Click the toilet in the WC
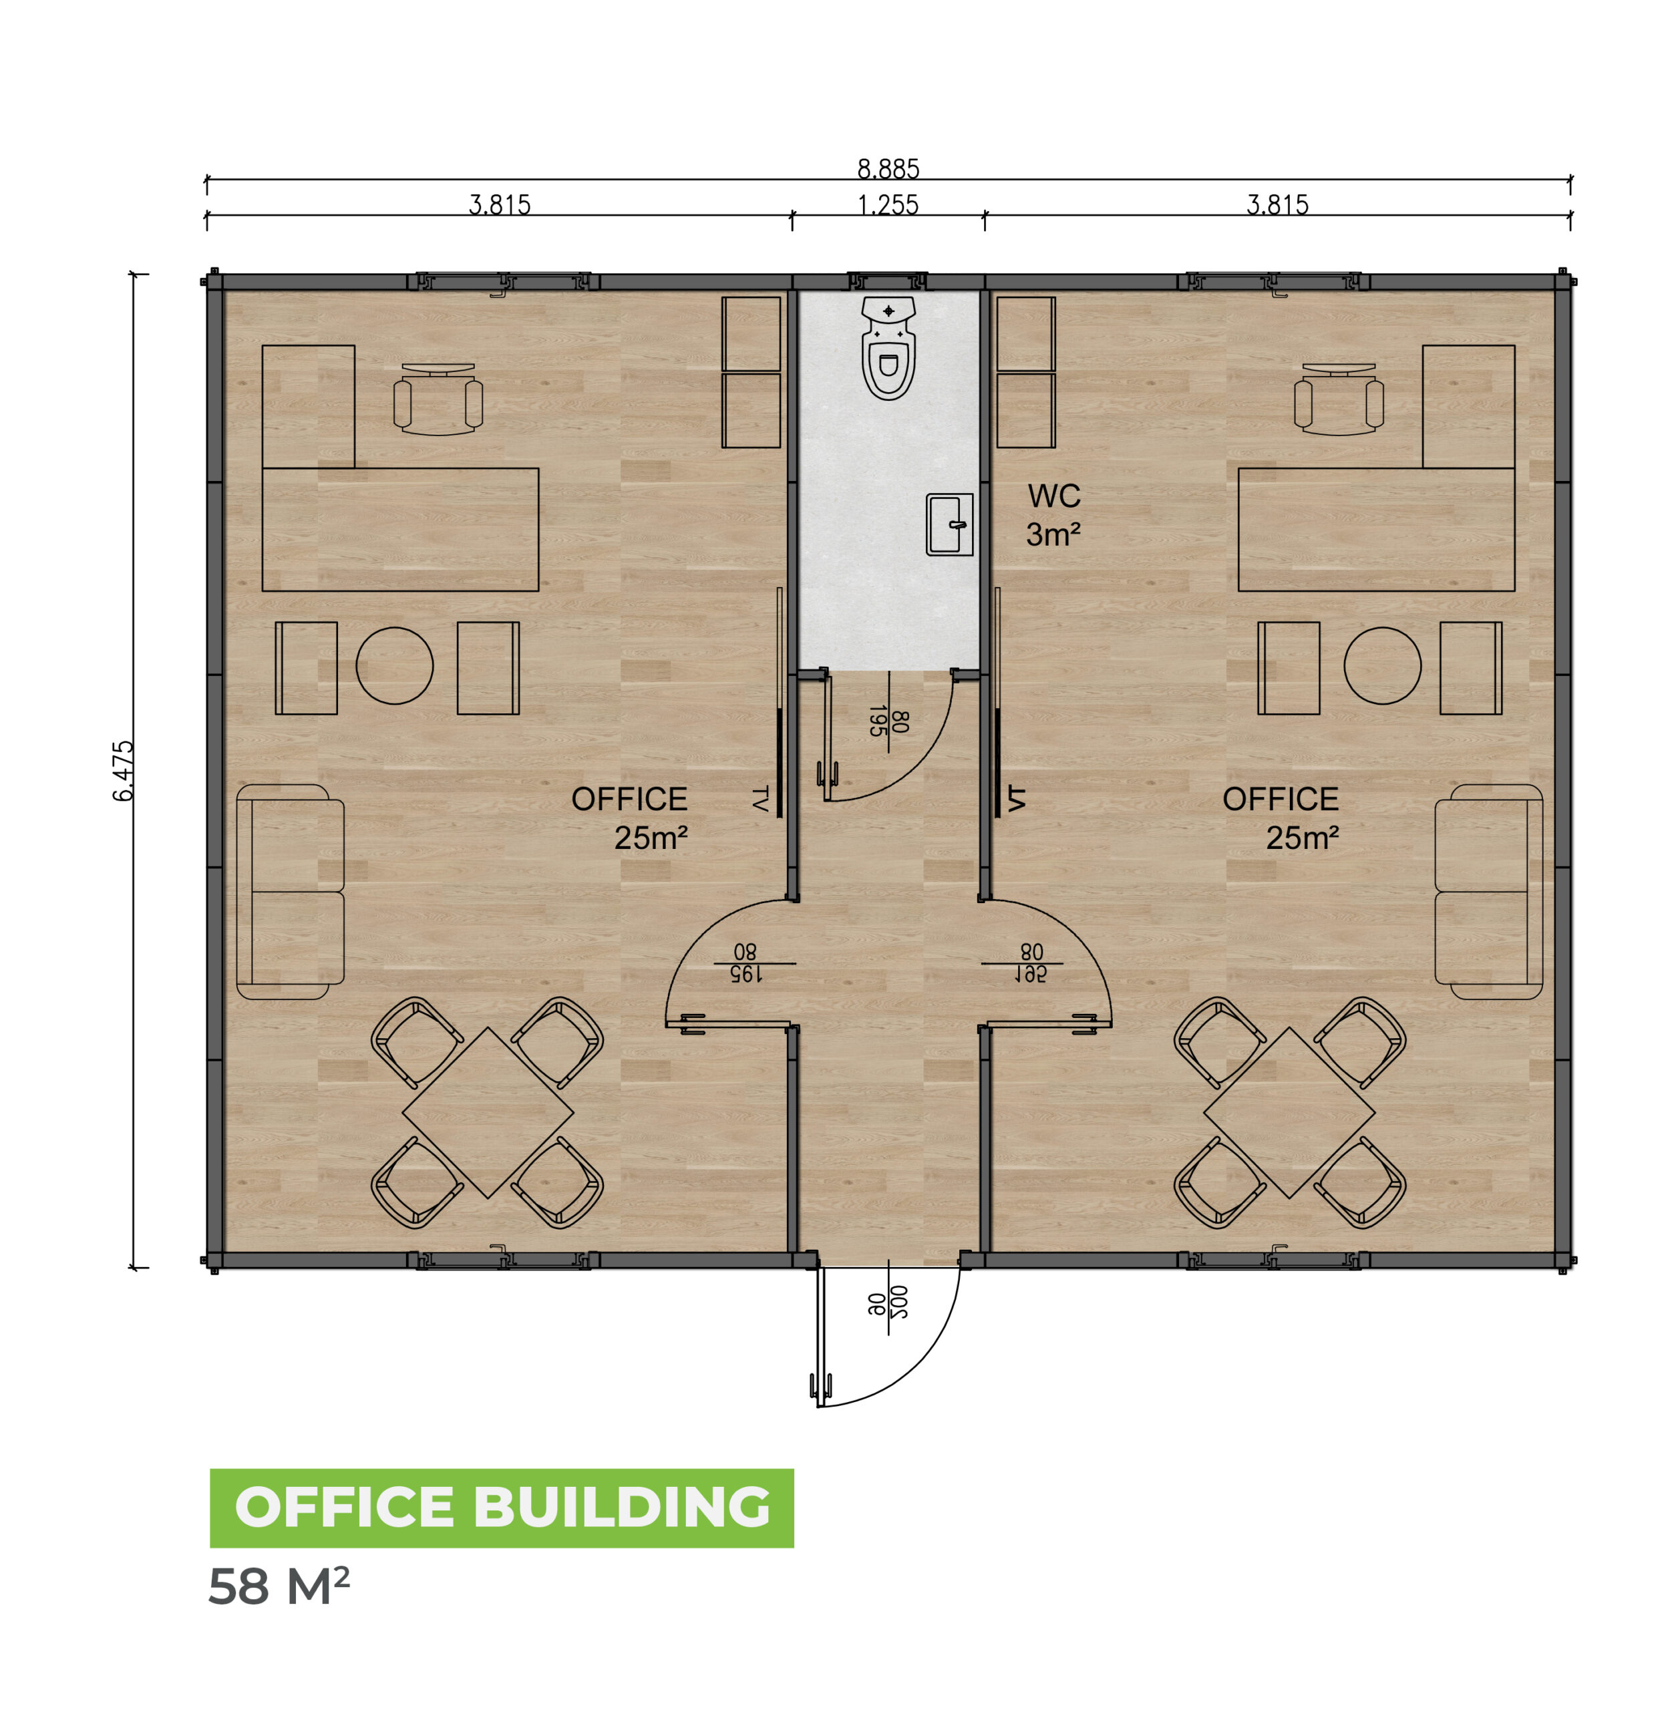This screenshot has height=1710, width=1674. [x=889, y=347]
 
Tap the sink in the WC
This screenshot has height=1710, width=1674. [x=949, y=524]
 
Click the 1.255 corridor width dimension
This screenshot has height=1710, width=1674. [x=888, y=205]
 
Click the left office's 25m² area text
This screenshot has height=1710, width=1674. [x=651, y=838]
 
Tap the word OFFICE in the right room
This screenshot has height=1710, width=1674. [x=1280, y=799]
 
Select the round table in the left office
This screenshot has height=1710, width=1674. [x=395, y=665]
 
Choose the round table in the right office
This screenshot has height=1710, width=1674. [x=1383, y=665]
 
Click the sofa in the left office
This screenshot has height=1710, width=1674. [x=290, y=892]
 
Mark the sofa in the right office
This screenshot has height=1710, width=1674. [x=1488, y=892]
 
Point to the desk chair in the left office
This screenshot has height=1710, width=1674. [x=438, y=400]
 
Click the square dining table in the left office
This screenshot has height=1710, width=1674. [x=488, y=1112]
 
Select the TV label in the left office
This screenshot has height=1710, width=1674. [x=760, y=799]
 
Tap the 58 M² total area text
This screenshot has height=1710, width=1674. [x=279, y=1587]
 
